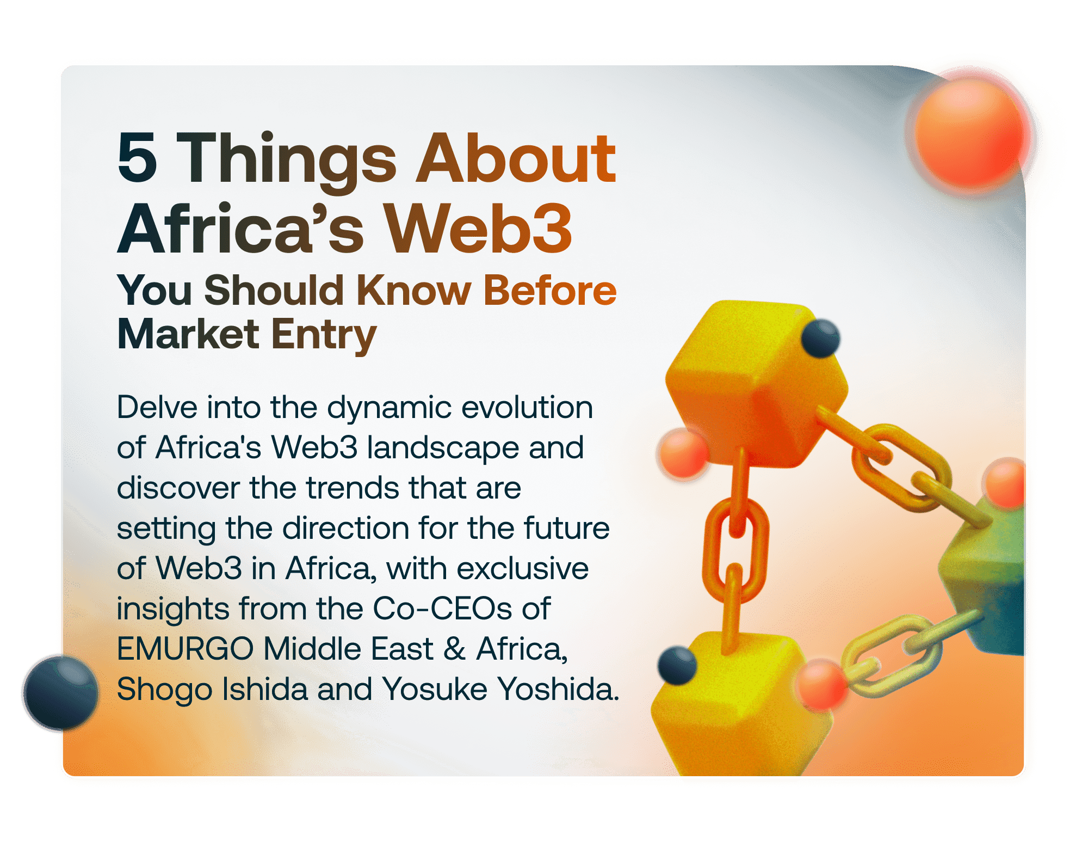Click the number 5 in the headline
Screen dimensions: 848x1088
[137, 159]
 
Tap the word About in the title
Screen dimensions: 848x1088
[516, 159]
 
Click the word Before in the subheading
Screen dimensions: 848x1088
[549, 290]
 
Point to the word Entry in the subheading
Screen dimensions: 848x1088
[324, 335]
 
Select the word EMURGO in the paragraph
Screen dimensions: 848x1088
[185, 649]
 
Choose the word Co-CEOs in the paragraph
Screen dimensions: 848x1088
[442, 609]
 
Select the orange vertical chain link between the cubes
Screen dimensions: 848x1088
[735, 550]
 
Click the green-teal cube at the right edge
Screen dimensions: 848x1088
[987, 577]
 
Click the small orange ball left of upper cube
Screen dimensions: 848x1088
[683, 453]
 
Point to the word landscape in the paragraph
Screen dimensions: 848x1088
[442, 447]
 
